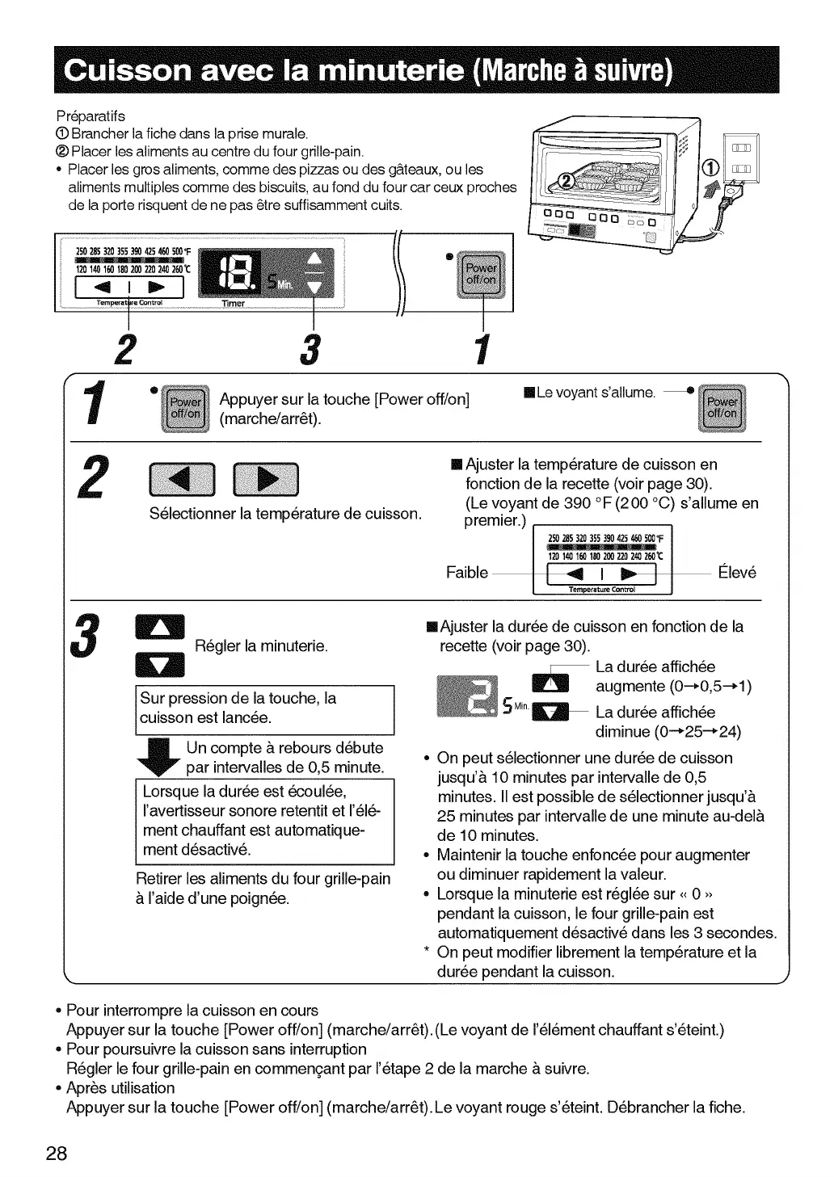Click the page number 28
56,1153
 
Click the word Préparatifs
91,116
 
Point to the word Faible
466,573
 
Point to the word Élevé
737,573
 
